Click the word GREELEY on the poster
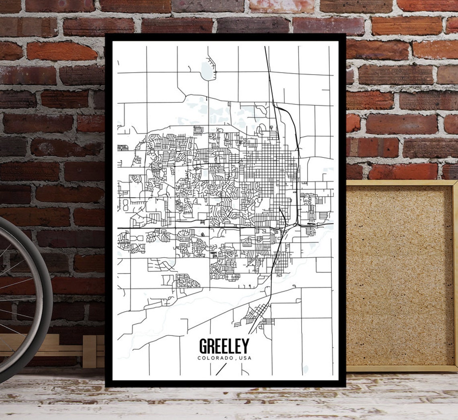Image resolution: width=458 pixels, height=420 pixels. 224,346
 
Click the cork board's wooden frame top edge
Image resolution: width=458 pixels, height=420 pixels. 400,182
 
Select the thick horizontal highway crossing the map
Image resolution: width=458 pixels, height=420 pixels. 181,228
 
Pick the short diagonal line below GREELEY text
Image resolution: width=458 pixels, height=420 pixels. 221,369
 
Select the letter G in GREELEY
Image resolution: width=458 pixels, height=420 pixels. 204,346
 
